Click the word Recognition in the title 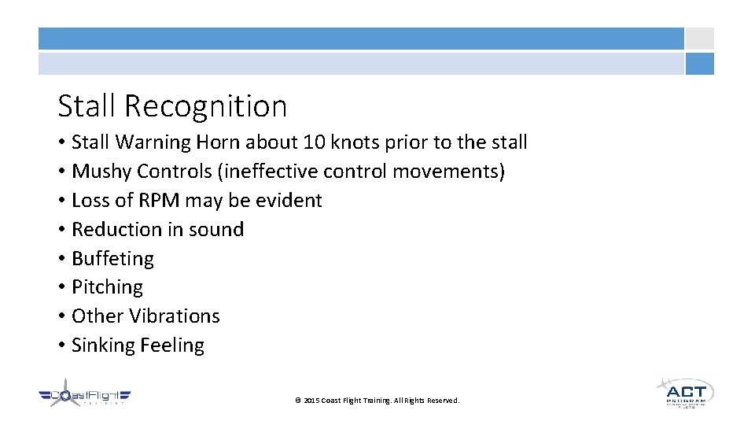click(x=205, y=106)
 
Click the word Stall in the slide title click(x=87, y=105)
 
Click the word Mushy click(x=100, y=172)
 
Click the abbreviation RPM click(x=161, y=201)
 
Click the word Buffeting click(x=112, y=259)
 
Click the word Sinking click(x=101, y=346)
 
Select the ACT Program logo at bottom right click(x=685, y=392)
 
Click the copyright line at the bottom click(x=377, y=401)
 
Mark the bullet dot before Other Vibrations click(x=61, y=316)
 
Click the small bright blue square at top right click(x=699, y=64)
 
